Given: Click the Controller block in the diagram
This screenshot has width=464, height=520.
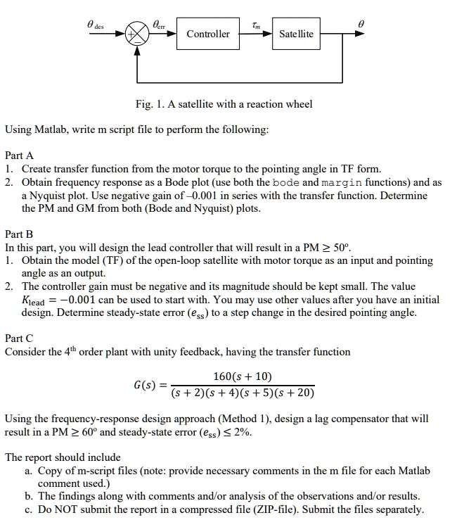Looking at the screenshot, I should coord(207,34).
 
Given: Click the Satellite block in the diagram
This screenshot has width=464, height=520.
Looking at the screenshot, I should coord(296,34).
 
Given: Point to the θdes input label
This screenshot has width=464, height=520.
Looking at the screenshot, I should coord(95,23).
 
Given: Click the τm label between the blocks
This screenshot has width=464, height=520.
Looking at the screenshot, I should coord(254,23).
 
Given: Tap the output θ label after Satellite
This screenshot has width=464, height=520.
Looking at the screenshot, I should coord(360,23).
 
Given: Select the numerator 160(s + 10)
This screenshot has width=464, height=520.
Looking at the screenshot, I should coord(243,376).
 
